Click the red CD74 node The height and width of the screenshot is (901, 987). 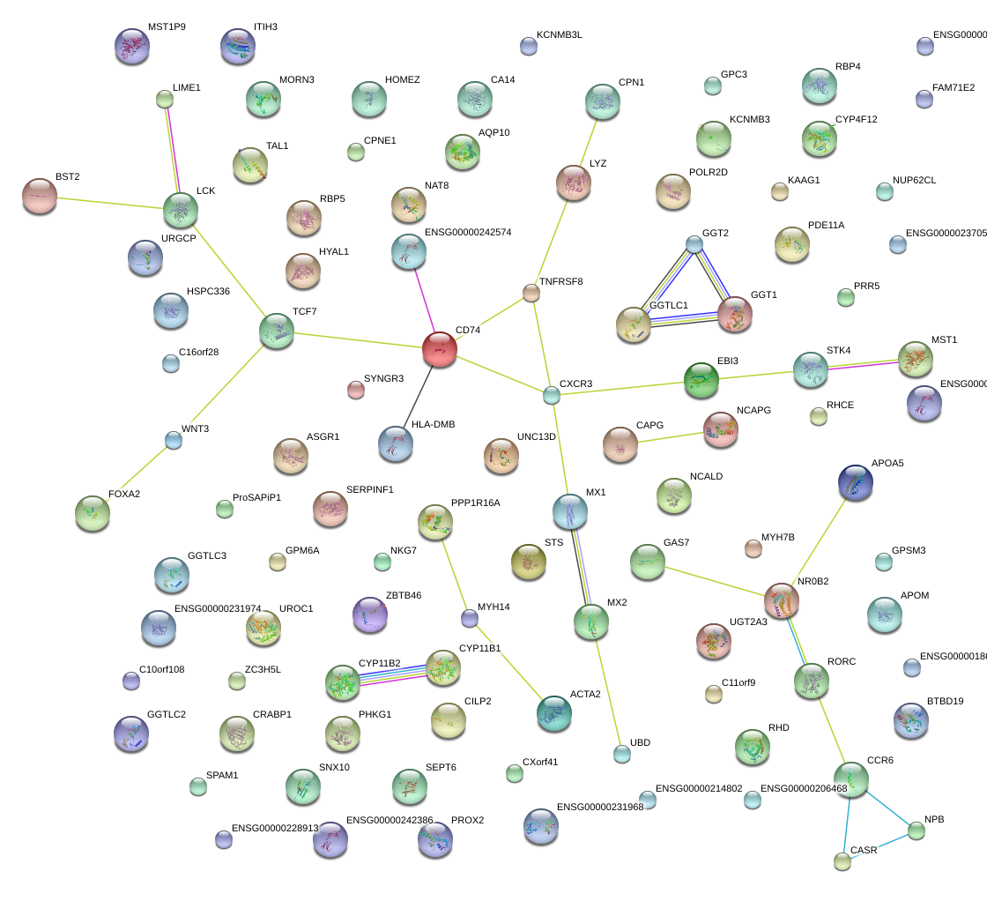coord(440,349)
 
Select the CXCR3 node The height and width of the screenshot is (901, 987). coord(551,395)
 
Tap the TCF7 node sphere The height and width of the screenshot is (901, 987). coord(278,331)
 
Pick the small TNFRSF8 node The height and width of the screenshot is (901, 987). coord(531,293)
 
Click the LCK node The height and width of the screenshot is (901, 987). coord(181,210)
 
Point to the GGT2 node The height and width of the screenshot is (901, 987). coord(694,244)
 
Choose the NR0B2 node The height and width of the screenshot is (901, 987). coord(782,600)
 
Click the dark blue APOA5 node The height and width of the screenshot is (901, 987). coord(855,481)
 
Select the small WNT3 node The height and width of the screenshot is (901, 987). coord(174,440)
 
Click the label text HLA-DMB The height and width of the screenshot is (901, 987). coord(434,424)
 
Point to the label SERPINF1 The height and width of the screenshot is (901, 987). coord(370,489)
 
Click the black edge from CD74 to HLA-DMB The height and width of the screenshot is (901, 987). coord(418,395)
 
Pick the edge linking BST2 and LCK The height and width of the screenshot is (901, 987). coord(110,203)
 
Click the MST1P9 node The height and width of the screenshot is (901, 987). coord(132,46)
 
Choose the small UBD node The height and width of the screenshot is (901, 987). coord(622,754)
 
